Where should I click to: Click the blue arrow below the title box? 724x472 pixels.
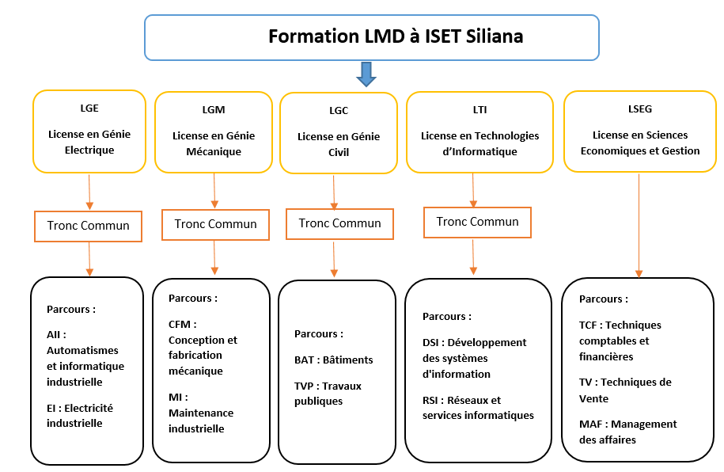click(366, 74)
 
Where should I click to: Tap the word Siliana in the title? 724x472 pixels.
click(495, 36)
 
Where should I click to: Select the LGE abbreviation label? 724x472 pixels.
click(89, 108)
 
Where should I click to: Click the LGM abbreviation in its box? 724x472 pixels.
click(214, 110)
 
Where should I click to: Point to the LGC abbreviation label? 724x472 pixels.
click(339, 111)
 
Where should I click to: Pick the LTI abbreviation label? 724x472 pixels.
click(480, 110)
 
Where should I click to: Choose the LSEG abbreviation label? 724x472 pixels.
click(640, 109)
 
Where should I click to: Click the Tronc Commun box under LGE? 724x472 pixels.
click(88, 226)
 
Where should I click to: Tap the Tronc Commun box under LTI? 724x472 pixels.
click(477, 223)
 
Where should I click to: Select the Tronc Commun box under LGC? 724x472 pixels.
click(339, 224)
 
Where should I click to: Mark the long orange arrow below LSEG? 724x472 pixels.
click(639, 226)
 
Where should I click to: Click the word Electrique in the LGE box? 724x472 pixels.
click(89, 150)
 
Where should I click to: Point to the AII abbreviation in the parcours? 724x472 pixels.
click(54, 335)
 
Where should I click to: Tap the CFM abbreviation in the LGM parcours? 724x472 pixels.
click(180, 325)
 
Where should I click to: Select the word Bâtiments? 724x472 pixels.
click(347, 360)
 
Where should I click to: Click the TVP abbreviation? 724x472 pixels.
click(305, 386)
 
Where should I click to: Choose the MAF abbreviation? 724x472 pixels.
click(590, 424)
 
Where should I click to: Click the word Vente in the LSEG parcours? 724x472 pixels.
click(593, 399)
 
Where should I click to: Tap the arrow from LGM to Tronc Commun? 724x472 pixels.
click(214, 191)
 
